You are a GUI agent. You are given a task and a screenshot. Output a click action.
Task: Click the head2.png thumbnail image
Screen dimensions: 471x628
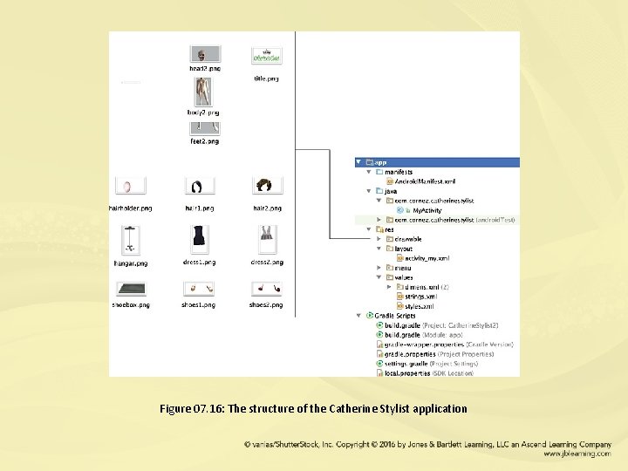pos(205,54)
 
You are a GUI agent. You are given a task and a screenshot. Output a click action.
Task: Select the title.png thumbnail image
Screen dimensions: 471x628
pos(266,55)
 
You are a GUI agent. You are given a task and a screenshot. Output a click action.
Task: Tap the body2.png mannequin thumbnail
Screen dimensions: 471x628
pos(202,92)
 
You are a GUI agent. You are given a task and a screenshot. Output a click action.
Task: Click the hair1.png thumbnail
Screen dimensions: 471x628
pos(199,187)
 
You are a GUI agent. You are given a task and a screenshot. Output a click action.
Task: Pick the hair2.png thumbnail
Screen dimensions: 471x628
pos(266,187)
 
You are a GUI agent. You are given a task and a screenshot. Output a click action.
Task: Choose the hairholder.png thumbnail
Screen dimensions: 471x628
pos(129,187)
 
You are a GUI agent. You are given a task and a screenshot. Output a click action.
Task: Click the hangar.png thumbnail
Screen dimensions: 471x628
pos(129,238)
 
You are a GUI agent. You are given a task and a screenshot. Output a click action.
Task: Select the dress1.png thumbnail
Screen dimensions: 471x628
pos(199,237)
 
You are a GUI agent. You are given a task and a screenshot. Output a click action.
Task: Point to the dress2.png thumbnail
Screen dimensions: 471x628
pos(266,237)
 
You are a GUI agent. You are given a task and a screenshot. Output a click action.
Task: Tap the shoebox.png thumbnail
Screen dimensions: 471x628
pos(129,289)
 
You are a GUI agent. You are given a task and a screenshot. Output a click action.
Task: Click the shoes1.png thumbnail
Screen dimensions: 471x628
pos(199,289)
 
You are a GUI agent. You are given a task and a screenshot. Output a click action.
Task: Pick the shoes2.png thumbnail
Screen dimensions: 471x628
pos(266,289)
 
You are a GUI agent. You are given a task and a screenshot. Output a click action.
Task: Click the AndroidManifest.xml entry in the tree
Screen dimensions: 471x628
pos(425,181)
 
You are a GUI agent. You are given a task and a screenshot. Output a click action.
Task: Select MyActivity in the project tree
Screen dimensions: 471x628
pos(427,210)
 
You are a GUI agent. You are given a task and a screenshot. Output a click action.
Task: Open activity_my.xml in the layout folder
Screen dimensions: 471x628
pos(425,258)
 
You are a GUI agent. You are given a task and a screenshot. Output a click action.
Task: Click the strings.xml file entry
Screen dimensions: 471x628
pos(420,297)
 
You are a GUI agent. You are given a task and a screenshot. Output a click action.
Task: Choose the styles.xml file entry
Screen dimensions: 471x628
pos(419,306)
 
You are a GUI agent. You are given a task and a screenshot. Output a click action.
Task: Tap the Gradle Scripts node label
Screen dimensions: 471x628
pos(397,316)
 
